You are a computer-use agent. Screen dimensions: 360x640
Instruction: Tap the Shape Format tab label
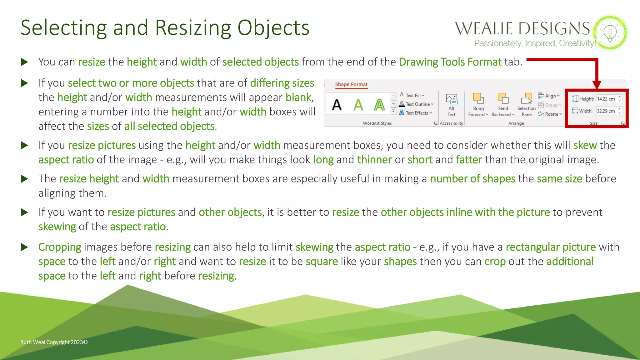pos(351,84)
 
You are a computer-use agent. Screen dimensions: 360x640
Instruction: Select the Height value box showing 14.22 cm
pos(606,99)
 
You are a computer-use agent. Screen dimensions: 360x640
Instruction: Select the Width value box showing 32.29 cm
pos(606,111)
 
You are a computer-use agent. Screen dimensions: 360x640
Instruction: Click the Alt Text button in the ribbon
pos(452,105)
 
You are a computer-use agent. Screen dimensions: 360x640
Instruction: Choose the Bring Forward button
pos(478,105)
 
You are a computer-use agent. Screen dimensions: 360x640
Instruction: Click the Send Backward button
pos(503,105)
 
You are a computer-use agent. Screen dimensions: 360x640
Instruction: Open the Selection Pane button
pos(527,105)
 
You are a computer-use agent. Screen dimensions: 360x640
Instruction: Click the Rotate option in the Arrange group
pos(550,114)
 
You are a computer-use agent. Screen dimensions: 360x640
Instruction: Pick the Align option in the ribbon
pos(549,96)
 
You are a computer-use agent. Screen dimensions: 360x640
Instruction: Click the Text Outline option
pos(417,104)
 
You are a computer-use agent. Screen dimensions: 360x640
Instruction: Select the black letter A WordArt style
pos(337,105)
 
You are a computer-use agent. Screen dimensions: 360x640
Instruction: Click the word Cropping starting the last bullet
pos(60,247)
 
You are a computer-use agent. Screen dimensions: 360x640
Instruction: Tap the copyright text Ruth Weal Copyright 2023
pos(54,342)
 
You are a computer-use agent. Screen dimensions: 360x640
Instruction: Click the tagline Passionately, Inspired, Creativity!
pos(535,43)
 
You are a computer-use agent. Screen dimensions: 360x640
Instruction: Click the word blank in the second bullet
pos(298,97)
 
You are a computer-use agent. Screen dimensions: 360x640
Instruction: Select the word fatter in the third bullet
pos(469,160)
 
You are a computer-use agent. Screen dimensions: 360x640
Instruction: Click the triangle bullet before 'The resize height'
pos(24,179)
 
